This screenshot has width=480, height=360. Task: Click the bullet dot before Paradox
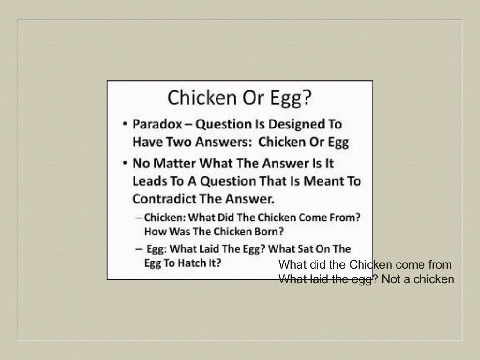coord(124,125)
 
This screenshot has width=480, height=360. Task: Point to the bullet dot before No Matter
coord(124,164)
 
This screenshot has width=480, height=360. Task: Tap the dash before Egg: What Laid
coord(139,249)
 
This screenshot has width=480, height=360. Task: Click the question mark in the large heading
coord(306,97)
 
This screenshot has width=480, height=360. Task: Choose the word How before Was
coord(154,232)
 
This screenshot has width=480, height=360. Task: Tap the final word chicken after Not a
coord(435,279)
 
